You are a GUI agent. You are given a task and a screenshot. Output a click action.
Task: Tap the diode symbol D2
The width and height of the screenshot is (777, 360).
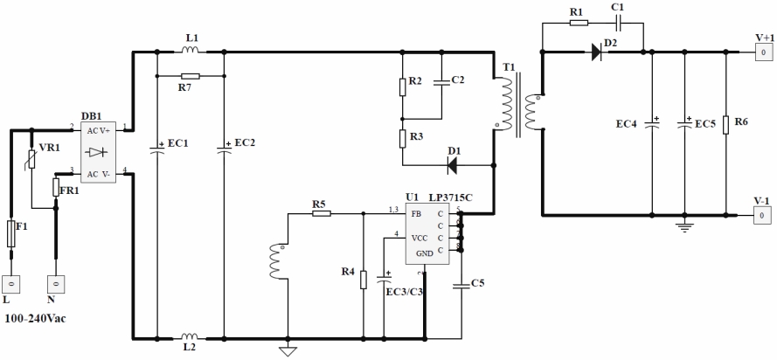coord(596,52)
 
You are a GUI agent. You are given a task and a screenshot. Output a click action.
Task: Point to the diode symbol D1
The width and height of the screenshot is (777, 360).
coord(454,163)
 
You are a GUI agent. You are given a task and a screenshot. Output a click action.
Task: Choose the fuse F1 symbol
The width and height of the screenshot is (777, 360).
coord(11,234)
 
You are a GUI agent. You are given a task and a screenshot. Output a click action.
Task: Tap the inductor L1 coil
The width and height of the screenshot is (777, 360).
coord(191,51)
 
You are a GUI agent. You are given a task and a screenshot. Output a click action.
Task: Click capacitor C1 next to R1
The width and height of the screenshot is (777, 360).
coord(617,23)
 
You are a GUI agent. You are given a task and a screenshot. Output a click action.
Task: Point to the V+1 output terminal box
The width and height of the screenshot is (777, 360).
coord(763,52)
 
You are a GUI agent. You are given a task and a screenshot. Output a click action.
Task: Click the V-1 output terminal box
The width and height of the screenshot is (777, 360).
coord(763,214)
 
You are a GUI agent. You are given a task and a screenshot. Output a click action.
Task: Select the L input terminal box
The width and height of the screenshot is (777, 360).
coord(11,285)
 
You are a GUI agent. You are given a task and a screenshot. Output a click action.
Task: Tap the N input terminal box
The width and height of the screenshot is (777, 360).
coord(55,285)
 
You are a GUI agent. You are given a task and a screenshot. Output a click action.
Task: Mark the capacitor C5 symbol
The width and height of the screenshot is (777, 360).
coord(461,283)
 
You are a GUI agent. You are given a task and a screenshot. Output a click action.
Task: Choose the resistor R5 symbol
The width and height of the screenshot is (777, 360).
coord(321,212)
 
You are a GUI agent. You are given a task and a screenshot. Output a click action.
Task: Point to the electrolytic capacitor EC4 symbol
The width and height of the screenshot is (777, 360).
coord(651,123)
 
